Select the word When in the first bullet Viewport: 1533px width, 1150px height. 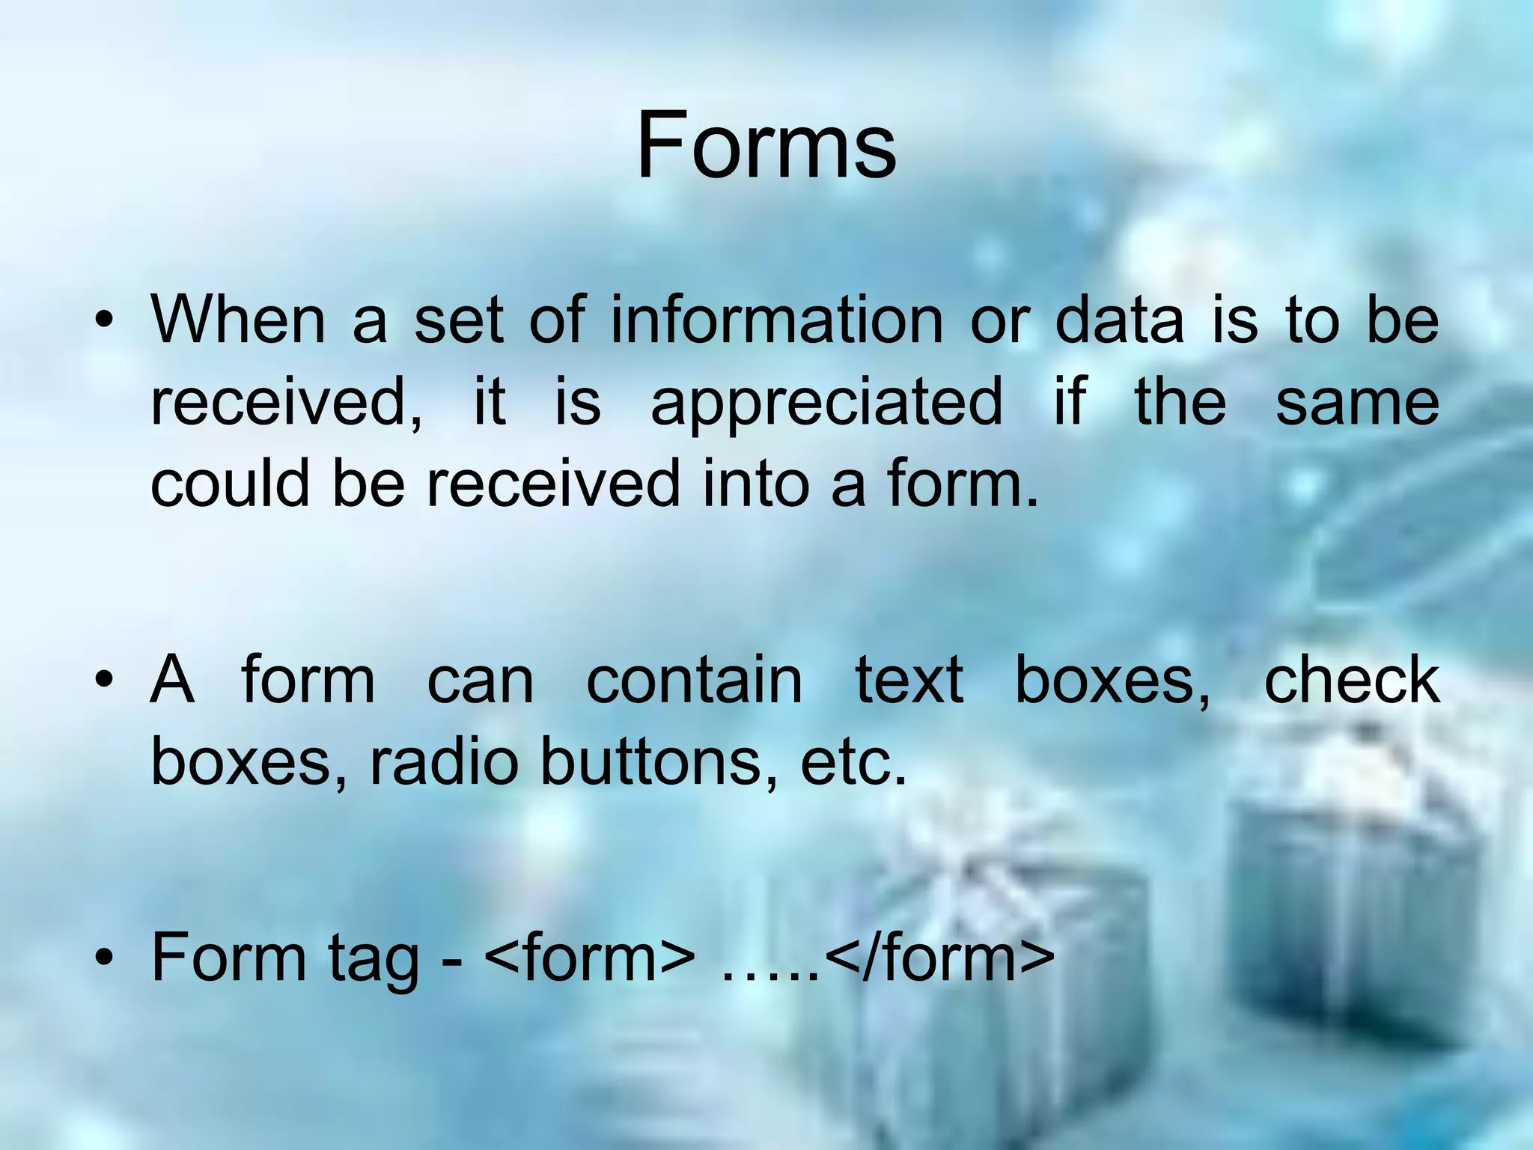[238, 320]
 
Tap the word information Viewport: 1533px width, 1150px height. [776, 320]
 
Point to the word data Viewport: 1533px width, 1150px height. [1119, 320]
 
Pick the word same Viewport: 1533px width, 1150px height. [1357, 402]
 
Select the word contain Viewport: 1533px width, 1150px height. [694, 681]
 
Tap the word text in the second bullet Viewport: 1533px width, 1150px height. [909, 681]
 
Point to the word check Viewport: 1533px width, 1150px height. [1352, 681]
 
